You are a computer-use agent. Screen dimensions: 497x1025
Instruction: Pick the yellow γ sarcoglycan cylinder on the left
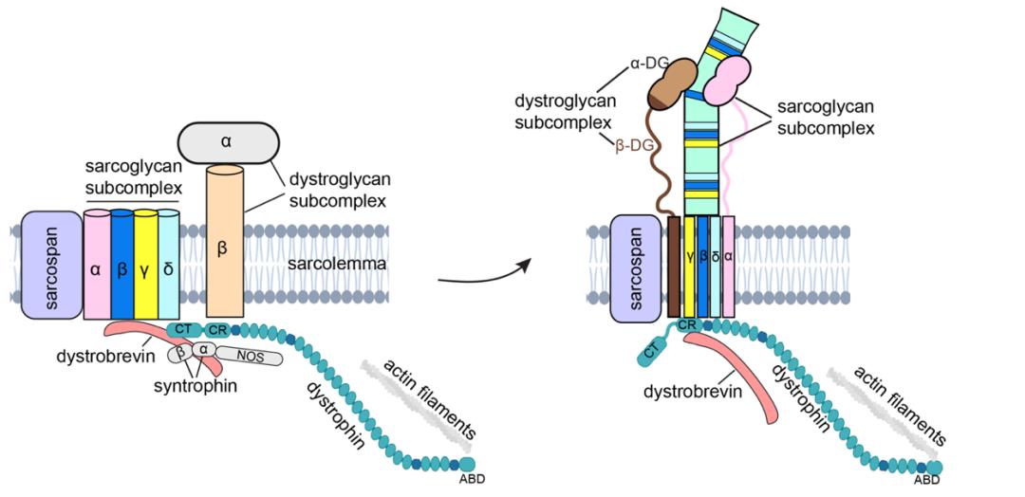145,268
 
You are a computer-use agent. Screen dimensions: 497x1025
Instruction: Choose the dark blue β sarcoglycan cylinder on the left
121,268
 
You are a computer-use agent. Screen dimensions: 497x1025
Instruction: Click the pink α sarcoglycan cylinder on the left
97,268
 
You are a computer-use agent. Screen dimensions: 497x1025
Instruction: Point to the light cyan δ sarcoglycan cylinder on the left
168,268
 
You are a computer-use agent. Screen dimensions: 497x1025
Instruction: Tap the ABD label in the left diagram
472,479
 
